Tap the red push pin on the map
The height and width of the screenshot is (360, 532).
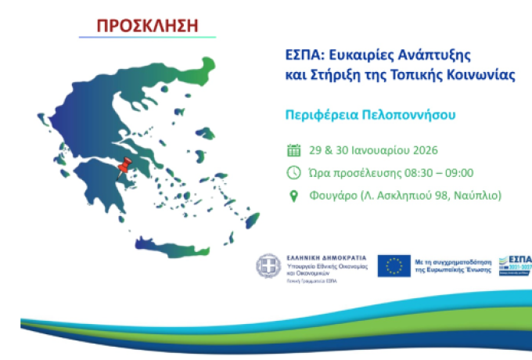coord(122,167)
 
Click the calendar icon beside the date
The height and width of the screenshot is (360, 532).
coord(294,150)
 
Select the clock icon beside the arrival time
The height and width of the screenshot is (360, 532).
coord(294,173)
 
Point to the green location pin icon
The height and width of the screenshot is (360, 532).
coord(294,196)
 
